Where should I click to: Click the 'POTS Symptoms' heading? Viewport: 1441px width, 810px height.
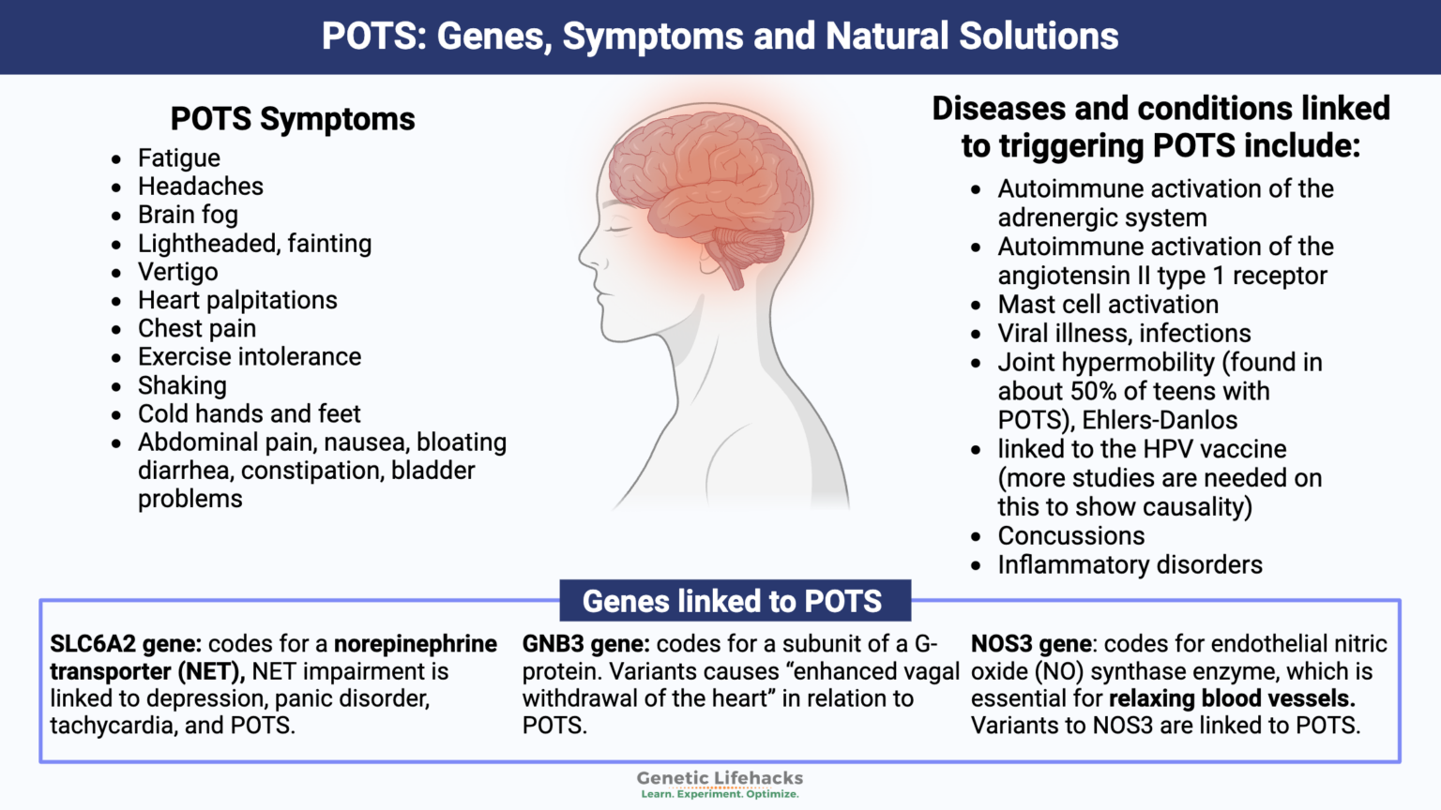click(292, 119)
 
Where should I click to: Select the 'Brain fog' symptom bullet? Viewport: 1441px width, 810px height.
click(188, 215)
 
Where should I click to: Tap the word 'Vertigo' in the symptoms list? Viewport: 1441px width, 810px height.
click(177, 272)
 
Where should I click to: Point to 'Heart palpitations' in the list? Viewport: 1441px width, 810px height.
click(237, 300)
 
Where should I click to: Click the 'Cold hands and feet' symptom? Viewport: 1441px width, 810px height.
click(249, 413)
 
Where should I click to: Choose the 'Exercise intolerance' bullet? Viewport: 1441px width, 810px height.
click(249, 356)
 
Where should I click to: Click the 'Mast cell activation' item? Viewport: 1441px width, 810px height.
click(1107, 305)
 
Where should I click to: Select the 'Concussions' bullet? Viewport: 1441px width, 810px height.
click(1070, 535)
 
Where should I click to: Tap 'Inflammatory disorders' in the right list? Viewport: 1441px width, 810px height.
click(1130, 564)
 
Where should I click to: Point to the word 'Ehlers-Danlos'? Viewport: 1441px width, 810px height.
click(1160, 420)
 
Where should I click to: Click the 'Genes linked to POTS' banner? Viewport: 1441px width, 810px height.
click(733, 601)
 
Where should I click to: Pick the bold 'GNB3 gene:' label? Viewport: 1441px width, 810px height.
click(585, 644)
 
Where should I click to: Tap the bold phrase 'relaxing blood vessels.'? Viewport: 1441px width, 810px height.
click(1231, 698)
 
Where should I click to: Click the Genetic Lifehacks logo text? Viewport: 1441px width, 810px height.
click(720, 778)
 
